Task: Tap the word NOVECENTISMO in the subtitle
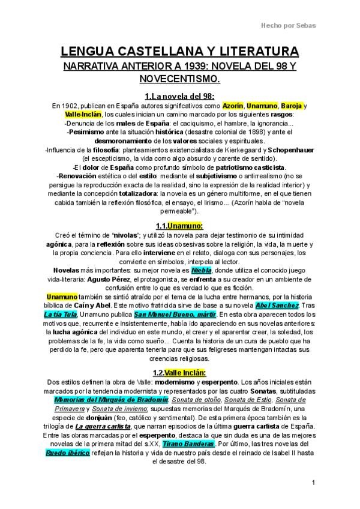[180, 79]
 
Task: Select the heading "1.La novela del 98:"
[180, 95]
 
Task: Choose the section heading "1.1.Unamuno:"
[180, 226]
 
